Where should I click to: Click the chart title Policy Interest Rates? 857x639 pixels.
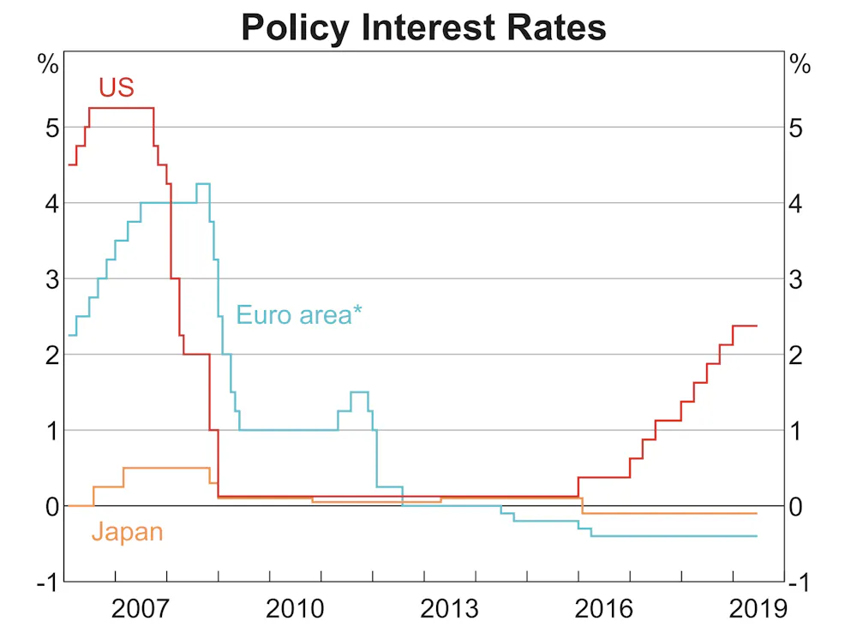423,27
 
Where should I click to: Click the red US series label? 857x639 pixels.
116,87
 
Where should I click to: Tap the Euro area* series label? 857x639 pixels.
299,314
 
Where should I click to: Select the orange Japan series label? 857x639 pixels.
127,532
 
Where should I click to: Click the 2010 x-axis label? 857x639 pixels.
295,610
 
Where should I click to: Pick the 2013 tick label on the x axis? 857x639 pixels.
450,610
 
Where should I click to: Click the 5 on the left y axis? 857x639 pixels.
52,128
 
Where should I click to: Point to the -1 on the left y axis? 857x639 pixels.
48,582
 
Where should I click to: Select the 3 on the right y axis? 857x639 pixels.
798,279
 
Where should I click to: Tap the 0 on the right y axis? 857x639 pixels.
798,506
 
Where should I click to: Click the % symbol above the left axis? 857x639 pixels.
47,65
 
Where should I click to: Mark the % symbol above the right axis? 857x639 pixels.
800,65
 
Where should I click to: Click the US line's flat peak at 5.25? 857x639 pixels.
122,108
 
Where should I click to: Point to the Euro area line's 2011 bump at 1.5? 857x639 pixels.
359,392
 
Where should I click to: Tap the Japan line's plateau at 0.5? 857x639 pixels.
166,468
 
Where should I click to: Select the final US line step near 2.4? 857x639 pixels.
745,325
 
